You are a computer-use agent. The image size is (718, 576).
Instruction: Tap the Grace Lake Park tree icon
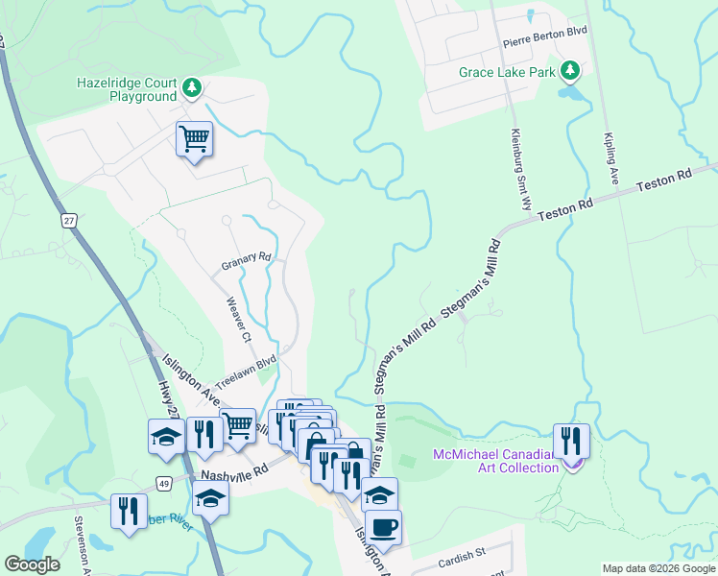click(x=570, y=70)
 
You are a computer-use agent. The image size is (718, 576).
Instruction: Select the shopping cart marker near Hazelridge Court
click(x=194, y=140)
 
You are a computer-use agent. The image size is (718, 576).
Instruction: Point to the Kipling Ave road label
click(x=610, y=157)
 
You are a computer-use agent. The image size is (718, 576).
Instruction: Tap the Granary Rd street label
click(x=248, y=258)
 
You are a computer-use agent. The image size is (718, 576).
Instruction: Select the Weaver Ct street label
click(x=238, y=319)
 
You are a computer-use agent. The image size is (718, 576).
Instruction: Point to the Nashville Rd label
click(x=232, y=475)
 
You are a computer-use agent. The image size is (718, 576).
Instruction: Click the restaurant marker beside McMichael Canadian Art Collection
click(x=571, y=441)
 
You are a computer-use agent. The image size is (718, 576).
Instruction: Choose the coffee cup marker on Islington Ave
click(x=383, y=527)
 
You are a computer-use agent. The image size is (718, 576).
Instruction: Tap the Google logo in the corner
click(x=32, y=564)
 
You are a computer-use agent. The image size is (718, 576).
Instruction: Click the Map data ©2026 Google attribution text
click(x=658, y=568)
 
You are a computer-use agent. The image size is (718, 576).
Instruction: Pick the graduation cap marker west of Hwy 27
click(x=166, y=436)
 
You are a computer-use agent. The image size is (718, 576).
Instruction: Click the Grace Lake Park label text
click(x=507, y=72)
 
